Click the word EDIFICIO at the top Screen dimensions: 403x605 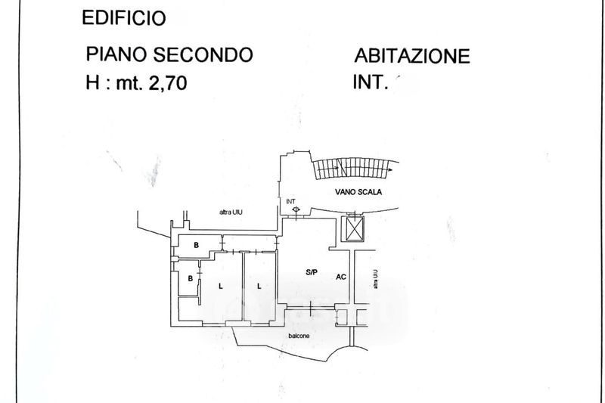point(124,18)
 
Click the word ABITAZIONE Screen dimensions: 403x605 point(411,56)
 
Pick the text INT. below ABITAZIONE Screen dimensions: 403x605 point(370,83)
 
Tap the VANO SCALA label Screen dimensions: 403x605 point(358,192)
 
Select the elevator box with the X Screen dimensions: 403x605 point(353,228)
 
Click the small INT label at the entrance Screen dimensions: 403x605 point(291,201)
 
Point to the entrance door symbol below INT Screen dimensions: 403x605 point(296,210)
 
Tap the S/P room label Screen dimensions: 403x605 point(311,271)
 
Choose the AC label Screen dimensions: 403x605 point(341,277)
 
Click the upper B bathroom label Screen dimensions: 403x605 point(196,245)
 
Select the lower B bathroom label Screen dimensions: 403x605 point(190,278)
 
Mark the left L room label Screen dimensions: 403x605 point(220,286)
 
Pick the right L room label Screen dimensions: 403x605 point(259,286)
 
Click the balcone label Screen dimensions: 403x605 point(298,336)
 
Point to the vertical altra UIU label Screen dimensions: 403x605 point(374,279)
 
